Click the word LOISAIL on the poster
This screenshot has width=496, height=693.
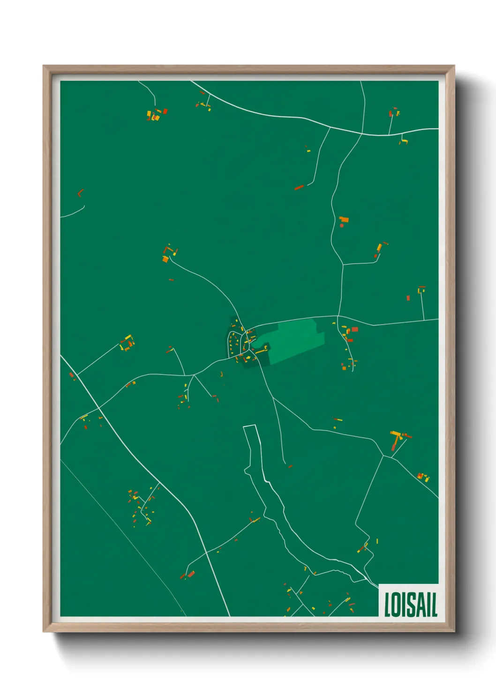(410, 605)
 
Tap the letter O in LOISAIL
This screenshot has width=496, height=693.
(396, 605)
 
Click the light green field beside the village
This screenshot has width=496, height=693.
(295, 339)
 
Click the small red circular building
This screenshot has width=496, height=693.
(342, 226)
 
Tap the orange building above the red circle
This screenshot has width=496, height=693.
(344, 219)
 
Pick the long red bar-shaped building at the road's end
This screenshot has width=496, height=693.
(299, 188)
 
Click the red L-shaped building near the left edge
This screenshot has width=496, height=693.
(80, 192)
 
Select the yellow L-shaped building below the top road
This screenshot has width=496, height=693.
(404, 140)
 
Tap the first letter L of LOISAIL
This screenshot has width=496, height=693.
(388, 605)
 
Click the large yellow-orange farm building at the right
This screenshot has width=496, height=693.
(397, 437)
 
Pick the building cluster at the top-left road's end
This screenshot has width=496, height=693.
(156, 114)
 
